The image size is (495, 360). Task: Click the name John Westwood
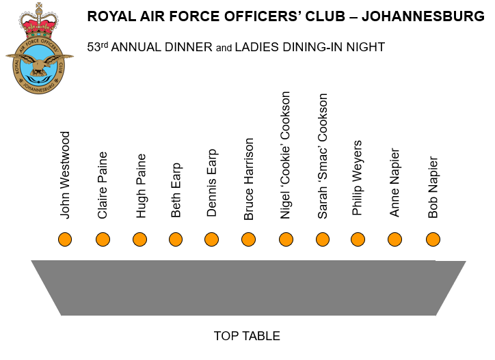tap(65, 175)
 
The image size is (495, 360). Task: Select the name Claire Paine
tap(103, 185)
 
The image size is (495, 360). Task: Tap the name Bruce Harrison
tap(249, 179)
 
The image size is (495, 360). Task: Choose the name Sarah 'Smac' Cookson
tap(323, 156)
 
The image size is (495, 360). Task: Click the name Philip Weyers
tap(358, 178)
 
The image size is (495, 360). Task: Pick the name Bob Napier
tap(433, 187)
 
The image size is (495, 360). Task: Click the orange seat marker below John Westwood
tap(65, 239)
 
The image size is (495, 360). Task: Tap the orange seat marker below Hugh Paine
tap(139, 239)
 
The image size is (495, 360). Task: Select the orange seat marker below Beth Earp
tap(176, 239)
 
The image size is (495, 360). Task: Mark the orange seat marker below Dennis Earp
tap(212, 239)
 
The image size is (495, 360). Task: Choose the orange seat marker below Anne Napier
tap(394, 239)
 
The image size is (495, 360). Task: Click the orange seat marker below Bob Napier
tap(433, 239)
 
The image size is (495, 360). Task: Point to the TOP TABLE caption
tap(247, 336)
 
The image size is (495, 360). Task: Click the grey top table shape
tap(247, 287)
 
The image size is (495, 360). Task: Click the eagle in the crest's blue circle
tap(39, 66)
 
